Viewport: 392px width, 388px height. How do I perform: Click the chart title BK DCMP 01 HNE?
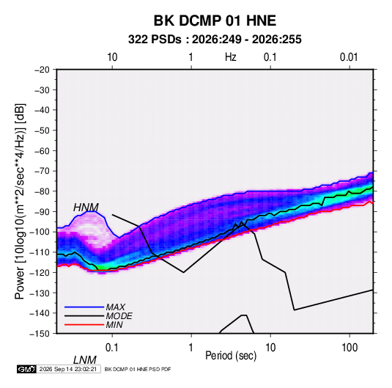click(x=215, y=21)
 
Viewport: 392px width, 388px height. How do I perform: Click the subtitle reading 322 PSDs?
click(x=155, y=40)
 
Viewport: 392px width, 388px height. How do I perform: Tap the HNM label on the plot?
click(x=86, y=208)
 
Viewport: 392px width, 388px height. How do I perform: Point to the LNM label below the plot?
click(x=84, y=360)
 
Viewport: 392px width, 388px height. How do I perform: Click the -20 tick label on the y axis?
click(x=42, y=70)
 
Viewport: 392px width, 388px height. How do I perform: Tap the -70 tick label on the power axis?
click(x=42, y=171)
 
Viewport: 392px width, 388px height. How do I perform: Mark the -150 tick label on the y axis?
click(x=40, y=334)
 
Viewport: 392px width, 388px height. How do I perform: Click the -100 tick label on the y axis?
click(x=40, y=232)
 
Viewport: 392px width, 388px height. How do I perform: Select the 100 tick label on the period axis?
click(x=350, y=348)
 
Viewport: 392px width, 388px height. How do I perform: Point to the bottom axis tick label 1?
click(x=191, y=348)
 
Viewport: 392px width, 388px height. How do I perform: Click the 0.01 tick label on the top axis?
click(x=349, y=57)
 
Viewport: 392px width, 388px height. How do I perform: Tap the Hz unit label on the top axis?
click(x=231, y=57)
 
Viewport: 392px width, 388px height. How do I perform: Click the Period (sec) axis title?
click(x=231, y=356)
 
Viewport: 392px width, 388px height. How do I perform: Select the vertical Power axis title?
click(x=20, y=201)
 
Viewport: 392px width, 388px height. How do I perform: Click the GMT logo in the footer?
click(x=27, y=369)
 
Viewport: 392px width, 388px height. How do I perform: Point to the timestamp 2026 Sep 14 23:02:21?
click(x=68, y=369)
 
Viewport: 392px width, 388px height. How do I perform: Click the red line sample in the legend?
click(x=84, y=325)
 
